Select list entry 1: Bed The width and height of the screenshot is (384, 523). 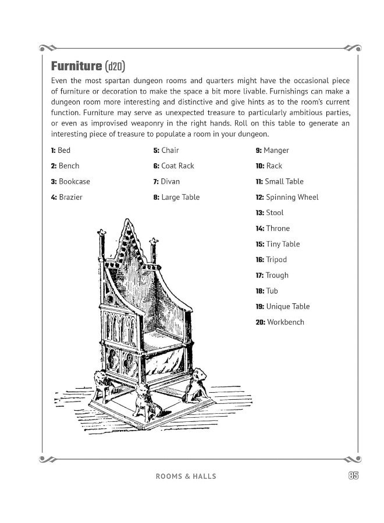[x=61, y=151]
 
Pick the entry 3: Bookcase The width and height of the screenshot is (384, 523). [x=70, y=181]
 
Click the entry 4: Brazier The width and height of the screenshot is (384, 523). [x=67, y=197]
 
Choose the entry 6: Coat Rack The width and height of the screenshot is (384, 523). [x=173, y=166]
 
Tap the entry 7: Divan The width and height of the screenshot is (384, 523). [x=166, y=181]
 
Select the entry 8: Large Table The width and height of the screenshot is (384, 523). [x=176, y=197]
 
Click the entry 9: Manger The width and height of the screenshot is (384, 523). [x=272, y=151]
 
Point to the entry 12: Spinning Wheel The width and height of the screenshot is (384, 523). [x=287, y=197]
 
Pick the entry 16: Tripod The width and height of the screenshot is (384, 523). [x=271, y=260]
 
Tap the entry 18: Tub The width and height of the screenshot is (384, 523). [x=267, y=291]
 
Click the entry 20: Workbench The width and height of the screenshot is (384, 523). [x=280, y=323]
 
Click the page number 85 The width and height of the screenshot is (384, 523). [x=353, y=475]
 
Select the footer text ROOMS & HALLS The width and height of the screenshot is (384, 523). [x=186, y=477]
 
